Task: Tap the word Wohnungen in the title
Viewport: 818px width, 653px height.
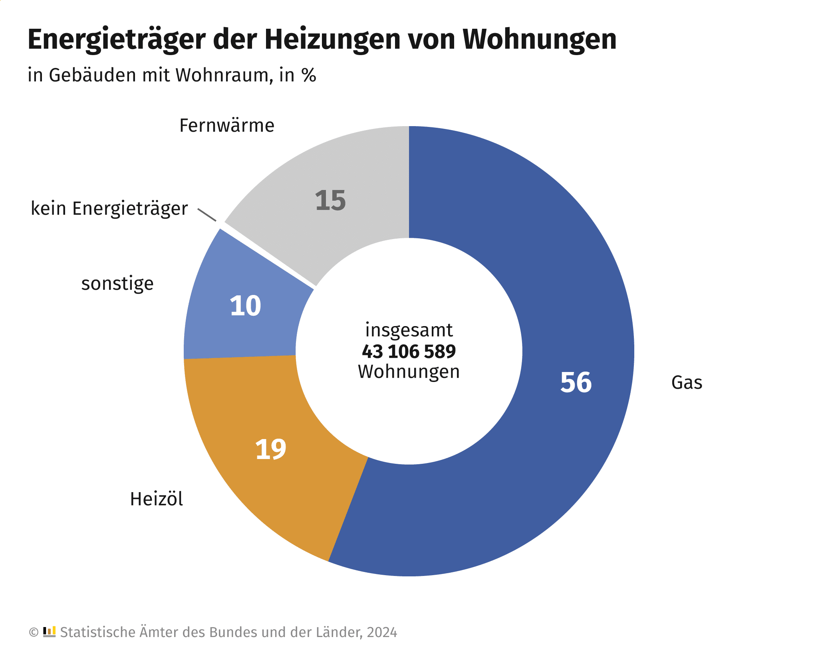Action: [x=539, y=40]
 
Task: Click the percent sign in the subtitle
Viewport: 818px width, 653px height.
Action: [x=309, y=75]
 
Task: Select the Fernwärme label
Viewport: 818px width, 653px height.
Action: [x=227, y=126]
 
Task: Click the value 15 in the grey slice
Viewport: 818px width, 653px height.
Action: [x=330, y=200]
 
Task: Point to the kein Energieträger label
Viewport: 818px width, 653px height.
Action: [x=109, y=209]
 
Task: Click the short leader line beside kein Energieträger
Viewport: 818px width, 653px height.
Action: [x=207, y=214]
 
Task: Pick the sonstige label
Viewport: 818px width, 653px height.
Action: [x=117, y=284]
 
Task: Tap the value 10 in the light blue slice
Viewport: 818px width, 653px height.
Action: [x=245, y=306]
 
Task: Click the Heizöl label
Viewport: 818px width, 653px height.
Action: [x=157, y=499]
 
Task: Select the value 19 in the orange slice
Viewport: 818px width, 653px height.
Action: [x=270, y=449]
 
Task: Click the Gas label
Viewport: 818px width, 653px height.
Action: [x=687, y=383]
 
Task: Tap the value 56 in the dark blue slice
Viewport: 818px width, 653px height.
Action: [x=576, y=382]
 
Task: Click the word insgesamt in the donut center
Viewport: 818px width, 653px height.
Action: [x=409, y=330]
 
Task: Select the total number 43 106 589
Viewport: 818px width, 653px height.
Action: [x=409, y=352]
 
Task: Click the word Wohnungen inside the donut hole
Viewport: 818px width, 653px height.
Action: [x=409, y=372]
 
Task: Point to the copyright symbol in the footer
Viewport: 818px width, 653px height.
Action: [x=34, y=633]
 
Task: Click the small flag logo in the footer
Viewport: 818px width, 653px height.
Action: [x=49, y=632]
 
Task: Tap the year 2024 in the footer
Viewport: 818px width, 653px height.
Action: [x=382, y=633]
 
